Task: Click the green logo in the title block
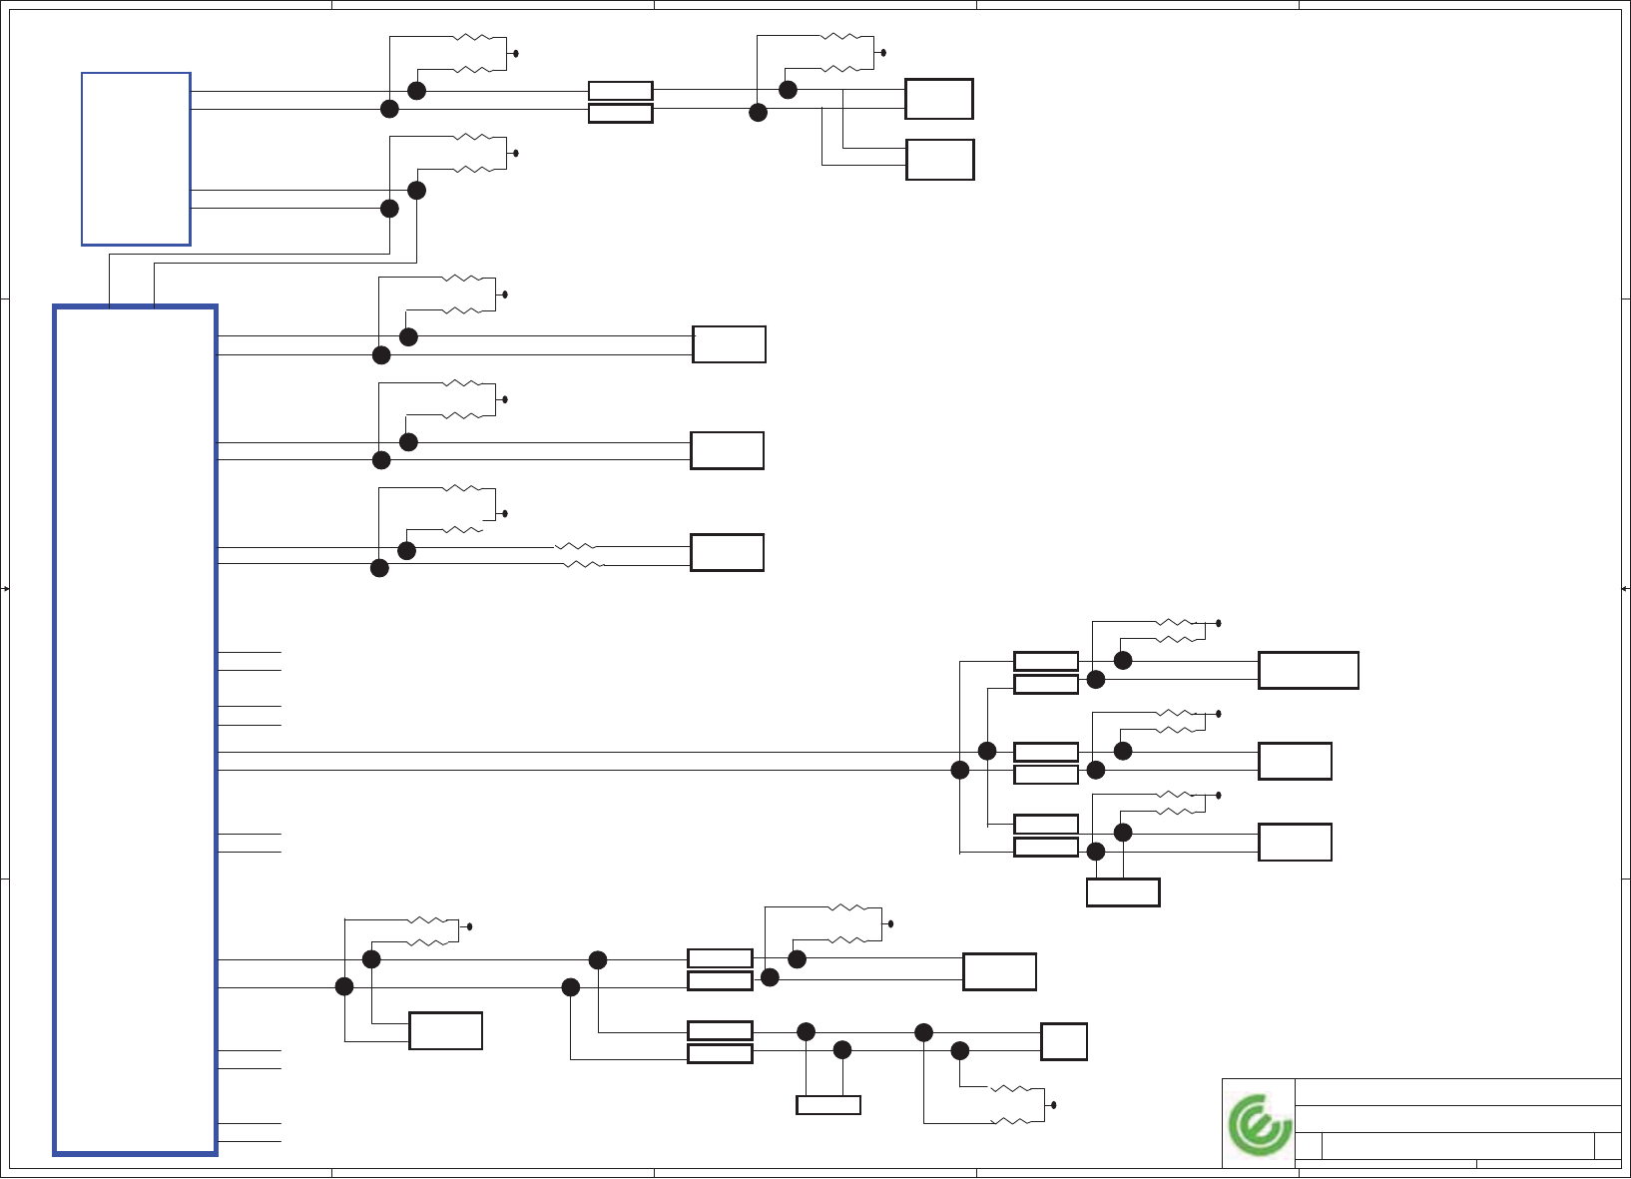pos(1260,1125)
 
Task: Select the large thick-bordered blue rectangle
pos(136,730)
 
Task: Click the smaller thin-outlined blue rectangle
pos(136,159)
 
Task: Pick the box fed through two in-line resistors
pos(727,552)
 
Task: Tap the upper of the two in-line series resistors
pos(576,547)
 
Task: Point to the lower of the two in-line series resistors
pos(585,565)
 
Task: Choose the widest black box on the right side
pos(1308,670)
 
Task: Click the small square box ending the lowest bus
pos(1063,1042)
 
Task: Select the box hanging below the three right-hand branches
pos(1122,892)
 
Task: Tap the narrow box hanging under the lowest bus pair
pos(827,1105)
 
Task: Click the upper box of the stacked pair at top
pos(938,99)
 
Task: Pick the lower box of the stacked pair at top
pos(939,160)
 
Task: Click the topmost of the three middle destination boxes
pos(729,344)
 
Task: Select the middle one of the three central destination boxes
pos(727,450)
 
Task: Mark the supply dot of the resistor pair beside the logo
pos(1054,1105)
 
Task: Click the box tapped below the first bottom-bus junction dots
pos(445,1030)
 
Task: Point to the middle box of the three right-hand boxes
pos(1295,761)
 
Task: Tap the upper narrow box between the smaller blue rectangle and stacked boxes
pos(620,91)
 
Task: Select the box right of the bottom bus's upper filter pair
pos(999,971)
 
